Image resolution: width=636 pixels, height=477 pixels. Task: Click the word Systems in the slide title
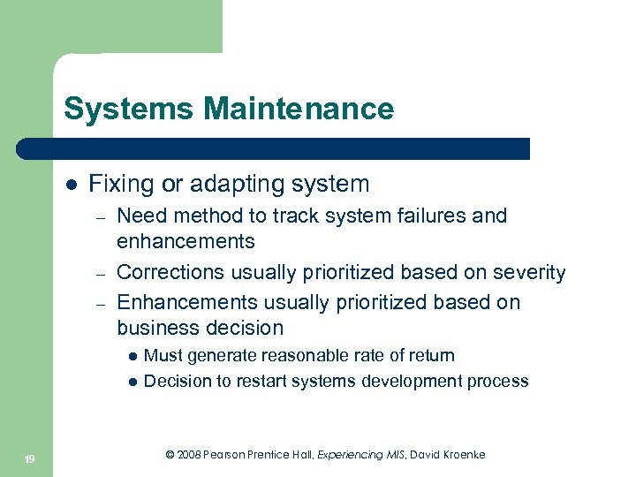point(129,110)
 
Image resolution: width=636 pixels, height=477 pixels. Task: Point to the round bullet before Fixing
point(71,185)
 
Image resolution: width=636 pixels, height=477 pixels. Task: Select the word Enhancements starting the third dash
point(185,302)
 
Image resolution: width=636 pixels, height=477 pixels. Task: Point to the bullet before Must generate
point(132,357)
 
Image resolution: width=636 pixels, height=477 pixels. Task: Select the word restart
point(256,382)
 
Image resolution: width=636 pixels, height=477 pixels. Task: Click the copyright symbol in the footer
point(170,455)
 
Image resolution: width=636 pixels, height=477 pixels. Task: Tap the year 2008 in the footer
point(188,455)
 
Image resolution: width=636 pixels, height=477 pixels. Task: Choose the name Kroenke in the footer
point(458,455)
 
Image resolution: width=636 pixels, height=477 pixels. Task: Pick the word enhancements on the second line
point(185,241)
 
